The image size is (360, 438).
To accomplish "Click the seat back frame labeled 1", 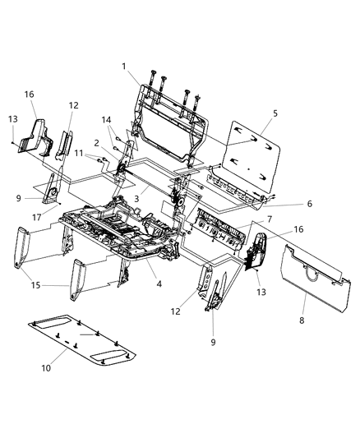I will pos(168,115).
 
